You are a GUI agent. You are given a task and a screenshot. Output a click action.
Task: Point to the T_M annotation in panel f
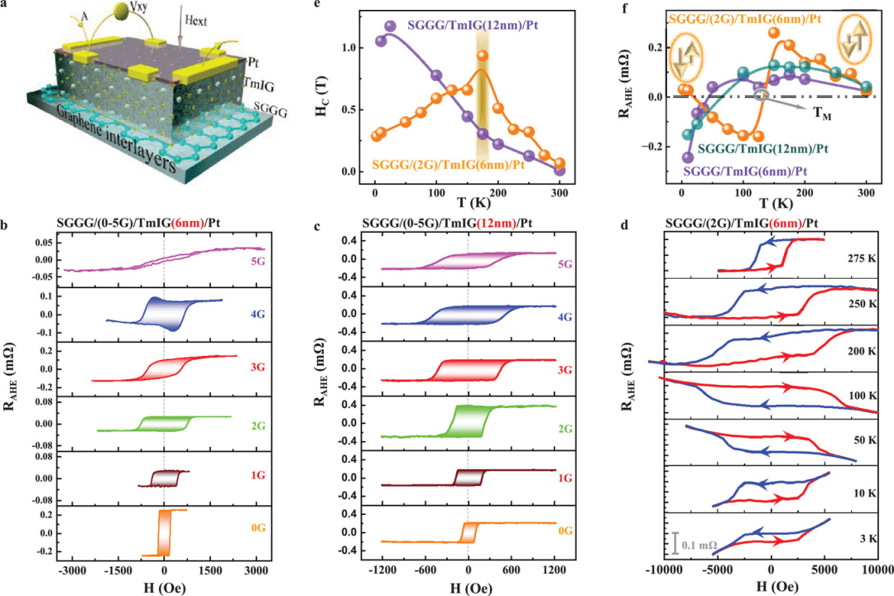[x=822, y=115]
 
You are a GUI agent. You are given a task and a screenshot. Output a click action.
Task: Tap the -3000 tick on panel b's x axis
[x=73, y=570]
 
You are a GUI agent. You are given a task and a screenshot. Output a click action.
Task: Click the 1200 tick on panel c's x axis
[x=554, y=570]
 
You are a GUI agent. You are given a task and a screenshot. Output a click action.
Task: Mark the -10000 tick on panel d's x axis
[x=666, y=570]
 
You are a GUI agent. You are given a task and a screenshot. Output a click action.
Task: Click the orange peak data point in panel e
[x=482, y=56]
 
